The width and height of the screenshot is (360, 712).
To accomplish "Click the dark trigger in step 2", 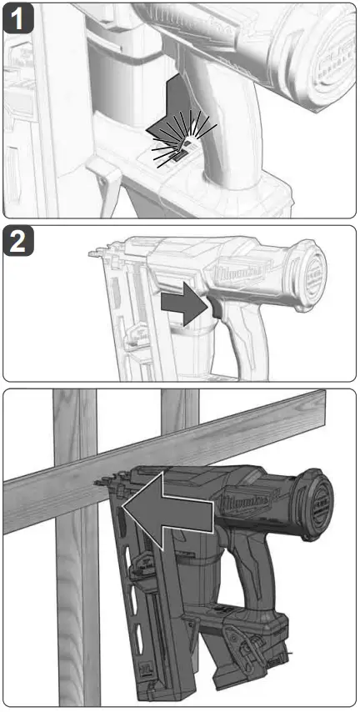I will coord(209,309).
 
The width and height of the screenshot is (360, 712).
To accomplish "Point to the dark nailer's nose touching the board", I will coord(106,483).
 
